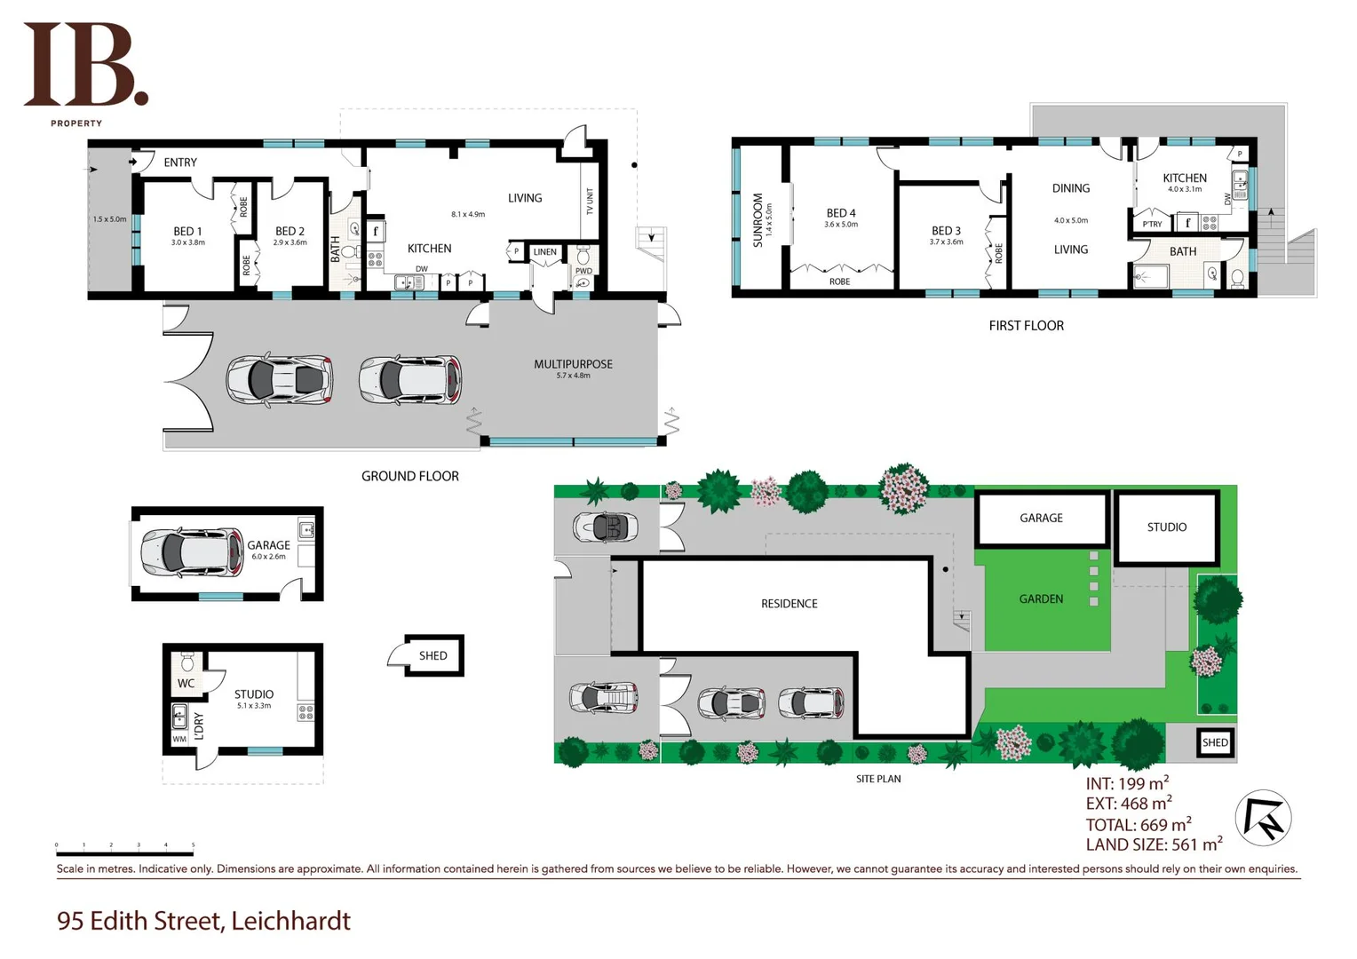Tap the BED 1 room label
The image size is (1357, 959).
tap(187, 232)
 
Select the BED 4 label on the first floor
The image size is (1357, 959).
tap(840, 213)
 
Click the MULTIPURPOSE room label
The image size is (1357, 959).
tap(573, 364)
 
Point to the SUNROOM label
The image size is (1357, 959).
tap(758, 219)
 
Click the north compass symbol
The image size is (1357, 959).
tap(1263, 818)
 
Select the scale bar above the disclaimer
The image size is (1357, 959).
tap(124, 853)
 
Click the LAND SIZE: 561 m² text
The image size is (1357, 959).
tap(1153, 844)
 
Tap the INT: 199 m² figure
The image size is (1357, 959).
tap(1126, 783)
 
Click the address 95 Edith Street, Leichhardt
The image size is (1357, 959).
tap(203, 921)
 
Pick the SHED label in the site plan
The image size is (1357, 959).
tap(1214, 742)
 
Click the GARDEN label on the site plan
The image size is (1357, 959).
tap(1041, 599)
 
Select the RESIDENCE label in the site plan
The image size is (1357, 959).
tap(789, 604)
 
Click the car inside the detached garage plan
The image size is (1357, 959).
tap(192, 551)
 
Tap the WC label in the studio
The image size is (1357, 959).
tap(186, 684)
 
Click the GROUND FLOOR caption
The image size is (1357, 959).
tap(409, 476)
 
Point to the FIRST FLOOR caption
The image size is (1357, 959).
tap(1026, 326)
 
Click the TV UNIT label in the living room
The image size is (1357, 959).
tap(590, 201)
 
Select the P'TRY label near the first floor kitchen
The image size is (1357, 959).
tap(1152, 224)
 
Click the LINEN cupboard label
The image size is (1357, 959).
tap(544, 252)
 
